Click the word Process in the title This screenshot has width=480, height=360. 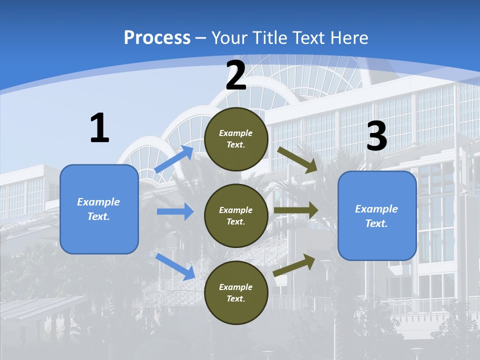(x=157, y=38)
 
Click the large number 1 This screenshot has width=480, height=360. (x=99, y=128)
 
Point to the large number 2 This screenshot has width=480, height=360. (x=236, y=75)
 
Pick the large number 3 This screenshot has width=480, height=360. (x=376, y=136)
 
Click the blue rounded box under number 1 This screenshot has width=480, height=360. (x=99, y=209)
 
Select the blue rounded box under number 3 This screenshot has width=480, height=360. (x=377, y=215)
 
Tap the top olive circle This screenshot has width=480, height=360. (x=236, y=139)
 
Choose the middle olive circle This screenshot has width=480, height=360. (x=236, y=215)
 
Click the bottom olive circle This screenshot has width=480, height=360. (x=236, y=292)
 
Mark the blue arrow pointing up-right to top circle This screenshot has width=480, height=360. (x=174, y=159)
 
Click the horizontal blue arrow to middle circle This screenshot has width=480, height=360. (x=175, y=211)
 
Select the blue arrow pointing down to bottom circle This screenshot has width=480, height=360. (x=175, y=266)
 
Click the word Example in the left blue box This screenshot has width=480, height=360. (x=98, y=202)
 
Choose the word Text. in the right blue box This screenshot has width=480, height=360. (x=376, y=223)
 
